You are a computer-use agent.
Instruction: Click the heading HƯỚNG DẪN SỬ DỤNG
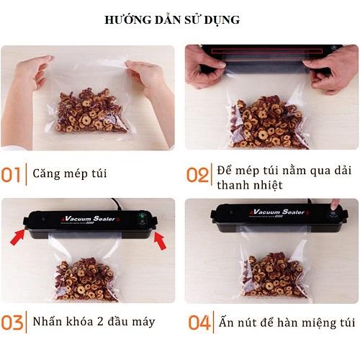pos(179,20)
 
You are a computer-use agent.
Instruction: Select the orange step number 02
pos(197,175)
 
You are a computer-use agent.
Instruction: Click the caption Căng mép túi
pos(71,174)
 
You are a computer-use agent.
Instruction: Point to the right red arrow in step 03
pos(160,243)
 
